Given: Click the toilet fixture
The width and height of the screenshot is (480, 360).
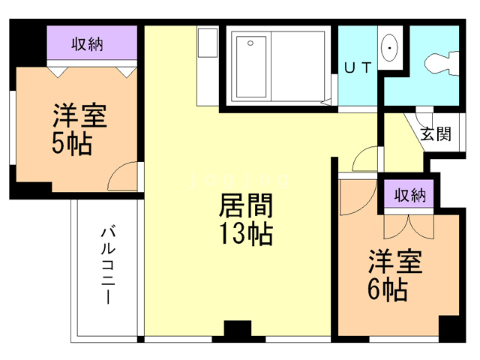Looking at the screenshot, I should tap(440, 61).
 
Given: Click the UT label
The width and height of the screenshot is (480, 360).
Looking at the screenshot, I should tap(358, 67).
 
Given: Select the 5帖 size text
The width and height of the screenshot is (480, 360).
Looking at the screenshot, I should tap(71, 143).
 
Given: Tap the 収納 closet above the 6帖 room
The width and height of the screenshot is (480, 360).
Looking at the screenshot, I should tap(409, 196).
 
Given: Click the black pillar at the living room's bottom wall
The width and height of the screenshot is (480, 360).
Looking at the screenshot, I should tap(238, 330).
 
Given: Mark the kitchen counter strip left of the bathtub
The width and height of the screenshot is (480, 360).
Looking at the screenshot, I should tap(206, 66).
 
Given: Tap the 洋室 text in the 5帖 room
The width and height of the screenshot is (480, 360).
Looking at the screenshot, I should tap(79, 116).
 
